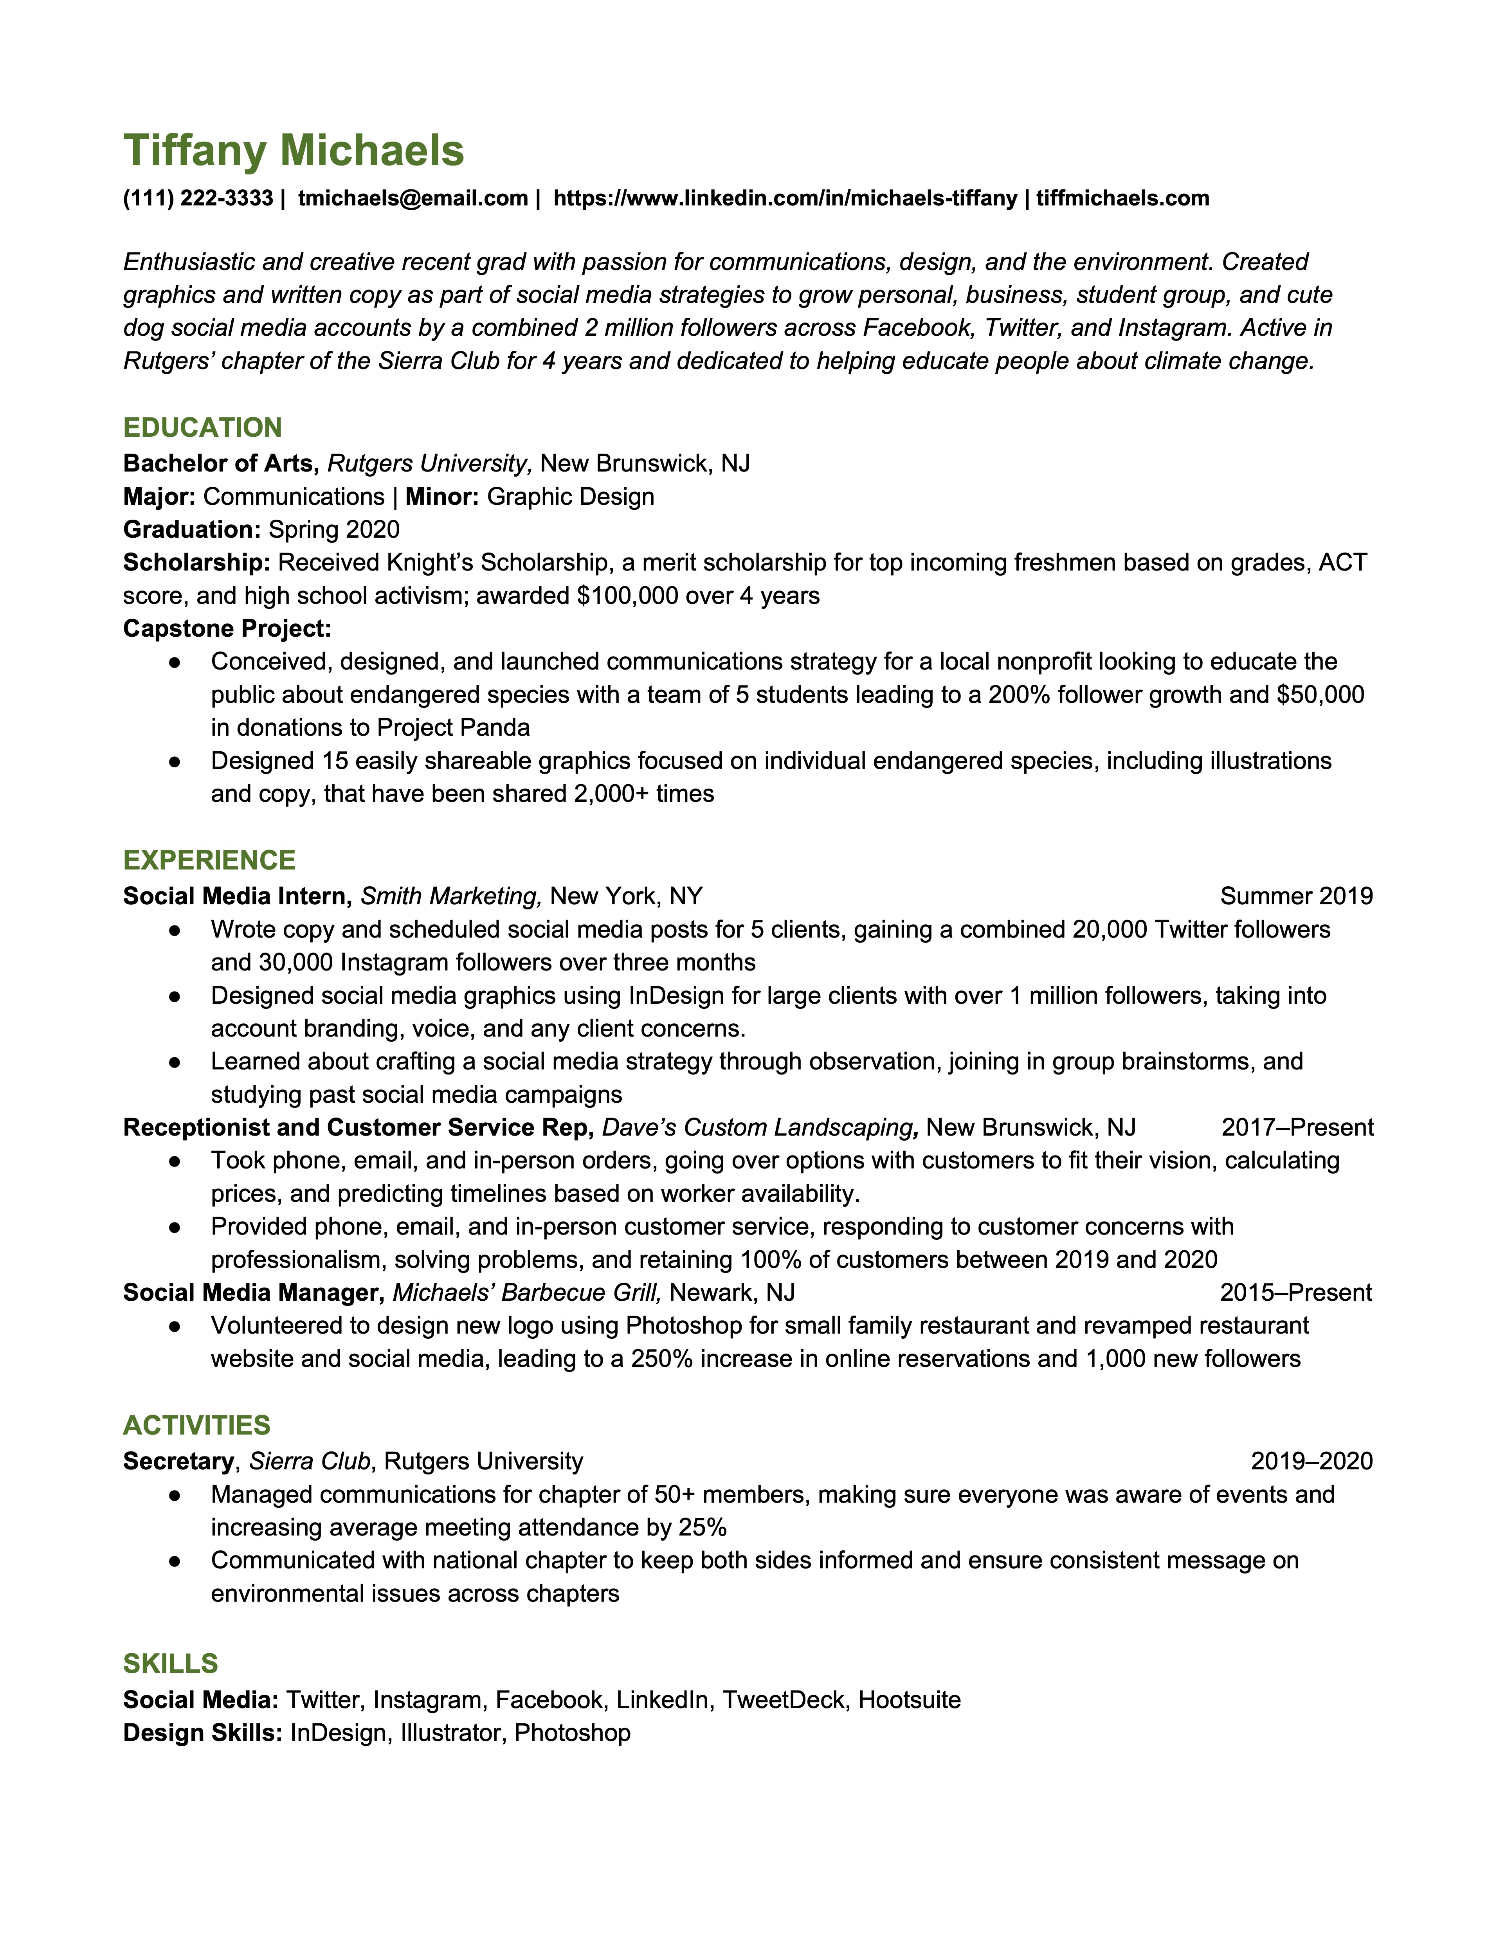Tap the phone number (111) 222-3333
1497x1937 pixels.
(x=198, y=198)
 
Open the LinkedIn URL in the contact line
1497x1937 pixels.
(x=785, y=198)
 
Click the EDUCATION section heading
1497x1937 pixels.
(x=202, y=427)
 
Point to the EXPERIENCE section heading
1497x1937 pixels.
(x=209, y=860)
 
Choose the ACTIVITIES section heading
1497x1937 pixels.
(x=197, y=1425)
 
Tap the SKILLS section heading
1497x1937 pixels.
(x=170, y=1663)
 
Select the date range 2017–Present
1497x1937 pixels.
(x=1297, y=1127)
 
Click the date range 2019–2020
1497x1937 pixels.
(x=1311, y=1461)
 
